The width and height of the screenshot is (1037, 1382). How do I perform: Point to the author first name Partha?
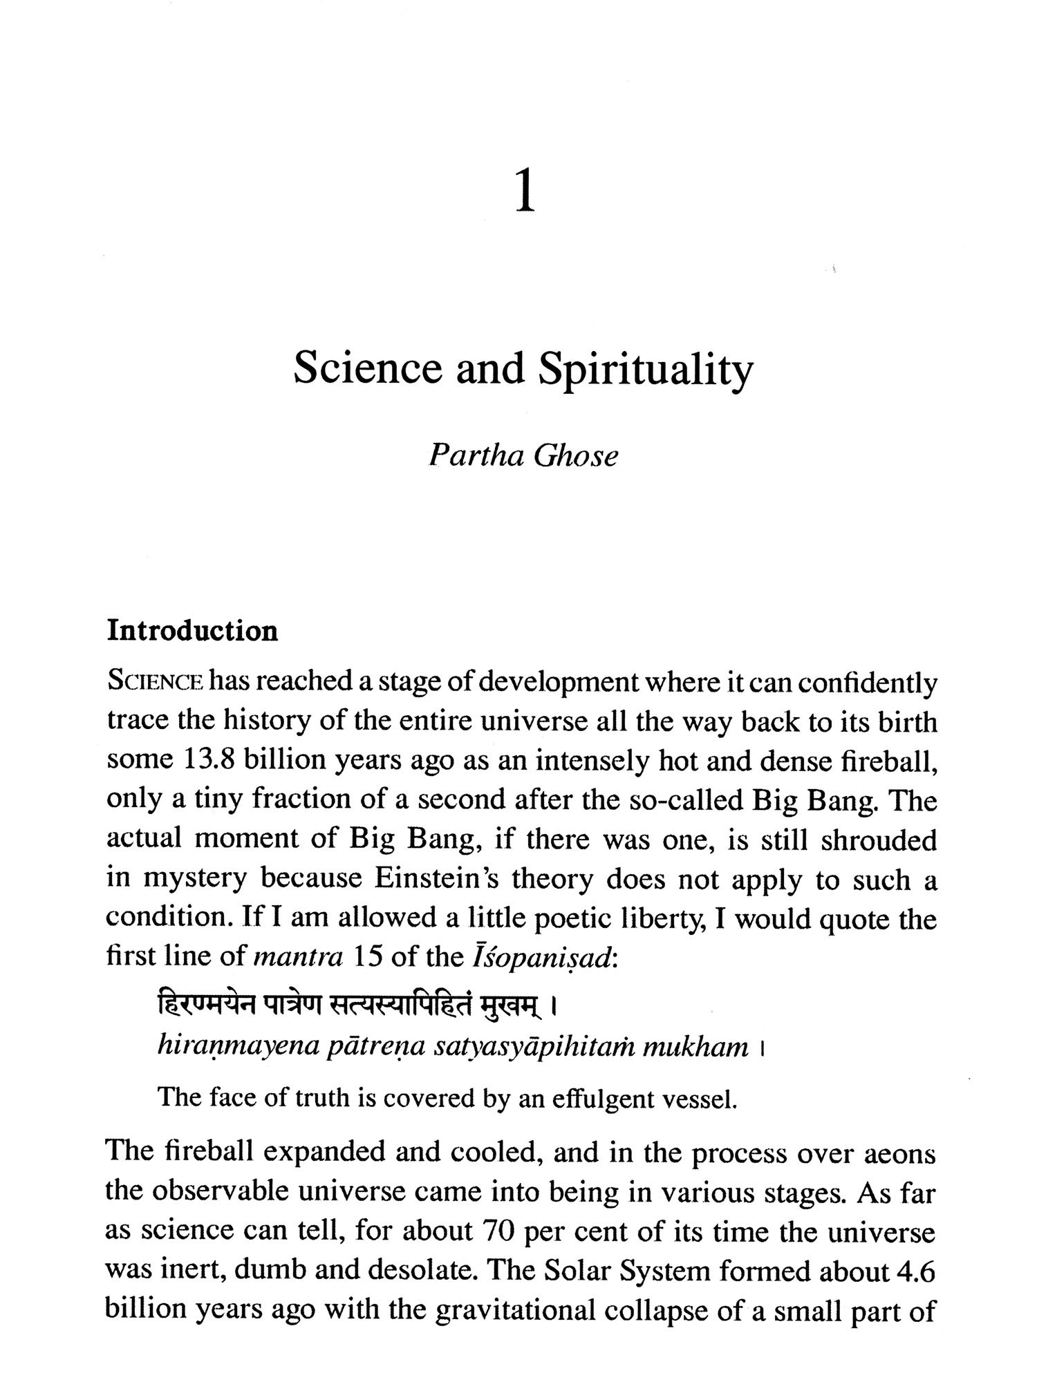tap(476, 456)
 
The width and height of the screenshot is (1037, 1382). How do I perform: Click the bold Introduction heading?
tap(192, 631)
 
